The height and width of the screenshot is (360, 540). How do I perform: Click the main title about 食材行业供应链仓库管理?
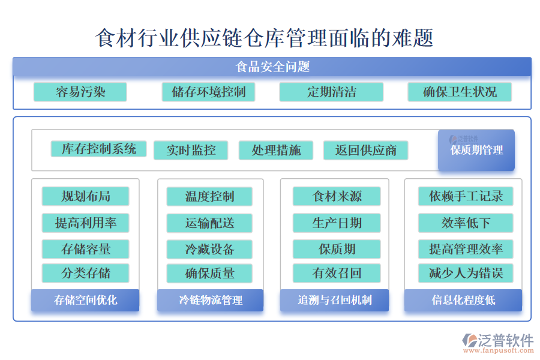click(265, 38)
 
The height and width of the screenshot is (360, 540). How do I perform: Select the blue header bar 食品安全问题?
click(272, 67)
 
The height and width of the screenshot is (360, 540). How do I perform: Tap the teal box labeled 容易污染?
click(80, 92)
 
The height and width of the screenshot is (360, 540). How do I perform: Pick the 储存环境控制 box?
click(208, 92)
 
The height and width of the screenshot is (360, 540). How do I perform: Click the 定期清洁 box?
click(331, 92)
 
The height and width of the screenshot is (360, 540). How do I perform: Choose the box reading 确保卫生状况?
click(460, 92)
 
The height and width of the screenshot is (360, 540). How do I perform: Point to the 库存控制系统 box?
click(98, 149)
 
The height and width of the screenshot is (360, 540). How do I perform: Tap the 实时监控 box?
click(191, 150)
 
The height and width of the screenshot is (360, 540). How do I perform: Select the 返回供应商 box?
click(365, 150)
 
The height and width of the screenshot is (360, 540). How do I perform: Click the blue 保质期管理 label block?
click(476, 150)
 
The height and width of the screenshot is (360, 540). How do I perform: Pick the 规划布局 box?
click(86, 196)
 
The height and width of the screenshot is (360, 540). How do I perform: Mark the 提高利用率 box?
click(86, 223)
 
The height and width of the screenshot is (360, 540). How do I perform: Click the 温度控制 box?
click(209, 196)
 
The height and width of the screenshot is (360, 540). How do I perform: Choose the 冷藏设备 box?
click(209, 249)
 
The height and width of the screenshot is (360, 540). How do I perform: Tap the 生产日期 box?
click(337, 223)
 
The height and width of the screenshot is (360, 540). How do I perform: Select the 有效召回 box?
click(337, 274)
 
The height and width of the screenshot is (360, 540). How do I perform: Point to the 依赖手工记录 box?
click(466, 196)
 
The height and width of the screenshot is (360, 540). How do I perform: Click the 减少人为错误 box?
click(466, 274)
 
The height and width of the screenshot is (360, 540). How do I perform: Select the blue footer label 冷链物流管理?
click(210, 300)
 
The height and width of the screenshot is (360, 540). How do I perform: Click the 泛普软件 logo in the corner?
click(498, 342)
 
